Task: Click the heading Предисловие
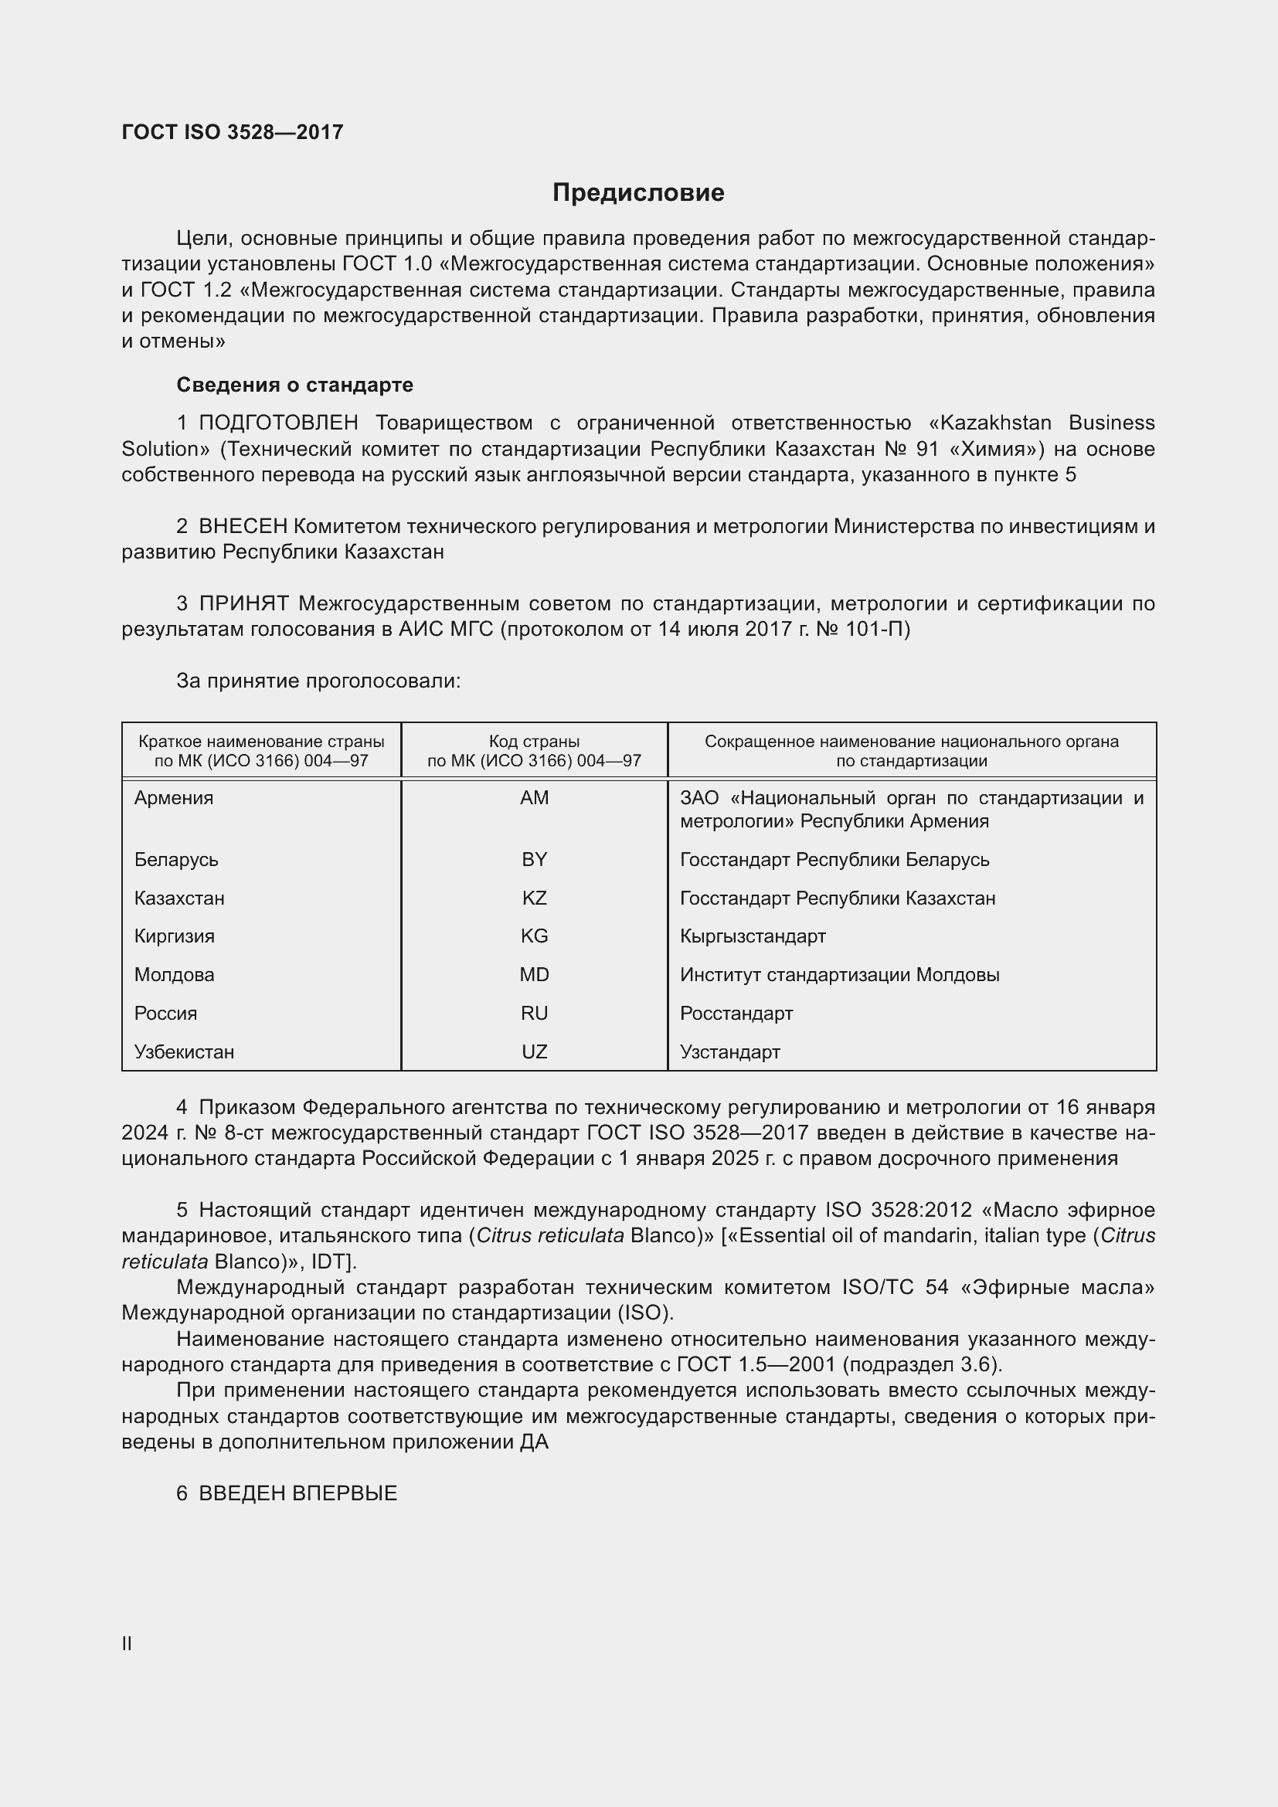point(638,193)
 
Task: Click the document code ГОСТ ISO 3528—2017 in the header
point(232,132)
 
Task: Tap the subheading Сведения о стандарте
point(294,385)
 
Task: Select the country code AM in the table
point(535,798)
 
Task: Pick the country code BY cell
point(535,859)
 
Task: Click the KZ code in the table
point(535,898)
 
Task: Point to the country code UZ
point(535,1051)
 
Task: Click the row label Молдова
point(174,974)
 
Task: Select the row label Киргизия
point(174,936)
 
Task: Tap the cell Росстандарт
point(736,1013)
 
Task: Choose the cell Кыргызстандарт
point(753,936)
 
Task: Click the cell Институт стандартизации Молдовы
point(839,974)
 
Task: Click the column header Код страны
point(535,742)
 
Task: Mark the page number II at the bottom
point(127,1643)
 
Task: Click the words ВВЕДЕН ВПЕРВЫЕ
point(297,1493)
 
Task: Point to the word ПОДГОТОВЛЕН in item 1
point(279,423)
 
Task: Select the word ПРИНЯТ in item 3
point(244,603)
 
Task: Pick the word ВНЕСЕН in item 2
point(244,527)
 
